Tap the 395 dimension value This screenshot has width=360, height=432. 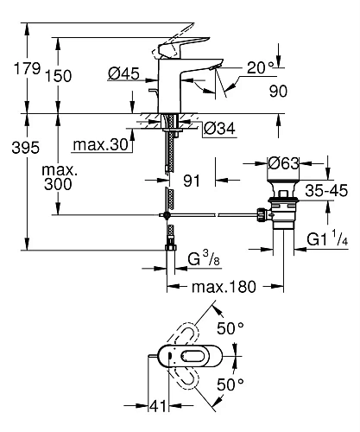point(17,149)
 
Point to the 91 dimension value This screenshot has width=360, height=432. point(194,182)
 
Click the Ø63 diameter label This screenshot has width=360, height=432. point(283,161)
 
